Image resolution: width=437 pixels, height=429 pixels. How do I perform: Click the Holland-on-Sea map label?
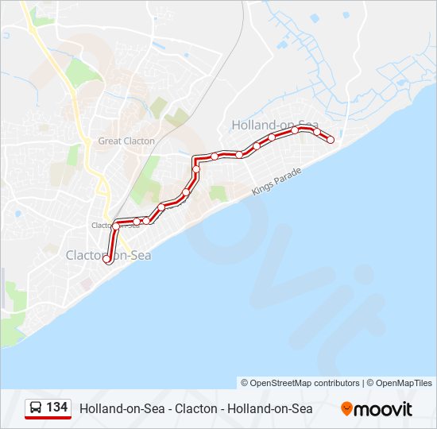(x=274, y=125)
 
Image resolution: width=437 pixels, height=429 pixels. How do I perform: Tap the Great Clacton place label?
(x=126, y=141)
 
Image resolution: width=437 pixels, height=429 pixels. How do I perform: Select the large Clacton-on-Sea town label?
(x=108, y=256)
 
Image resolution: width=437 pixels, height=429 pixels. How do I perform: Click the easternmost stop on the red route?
(x=331, y=140)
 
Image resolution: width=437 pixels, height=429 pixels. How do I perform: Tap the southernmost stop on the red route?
(x=107, y=259)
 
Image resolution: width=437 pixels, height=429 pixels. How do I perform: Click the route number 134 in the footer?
(x=57, y=408)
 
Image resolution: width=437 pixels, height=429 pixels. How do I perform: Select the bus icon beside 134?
(x=37, y=408)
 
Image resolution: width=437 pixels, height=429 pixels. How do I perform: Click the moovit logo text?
(x=384, y=409)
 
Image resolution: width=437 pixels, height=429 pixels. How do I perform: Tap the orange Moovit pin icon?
(x=346, y=408)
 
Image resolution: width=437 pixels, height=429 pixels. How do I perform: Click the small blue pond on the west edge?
(x=17, y=213)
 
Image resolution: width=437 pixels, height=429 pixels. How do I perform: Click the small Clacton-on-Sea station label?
(x=116, y=225)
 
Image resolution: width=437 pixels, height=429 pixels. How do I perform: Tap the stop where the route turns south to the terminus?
(x=116, y=226)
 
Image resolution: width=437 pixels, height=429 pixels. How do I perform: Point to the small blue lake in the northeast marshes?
(x=315, y=17)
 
